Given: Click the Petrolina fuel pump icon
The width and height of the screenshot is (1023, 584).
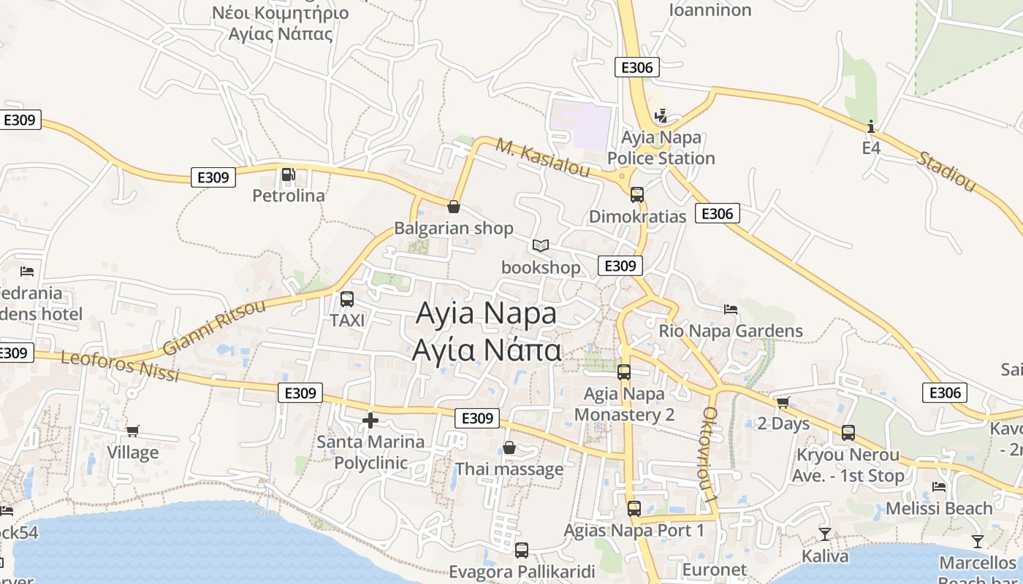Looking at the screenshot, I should point(289,174).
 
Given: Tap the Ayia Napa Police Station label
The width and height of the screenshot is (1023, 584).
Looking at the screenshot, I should point(661,147).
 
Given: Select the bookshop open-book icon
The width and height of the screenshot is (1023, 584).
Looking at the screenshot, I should point(541,245).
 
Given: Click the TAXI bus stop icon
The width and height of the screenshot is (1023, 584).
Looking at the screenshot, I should point(347,299).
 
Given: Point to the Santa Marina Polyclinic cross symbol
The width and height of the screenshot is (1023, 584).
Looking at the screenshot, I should point(370,420).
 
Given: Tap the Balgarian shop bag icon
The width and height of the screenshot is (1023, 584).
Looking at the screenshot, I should point(454,207).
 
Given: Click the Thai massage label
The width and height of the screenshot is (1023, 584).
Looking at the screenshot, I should point(509,469).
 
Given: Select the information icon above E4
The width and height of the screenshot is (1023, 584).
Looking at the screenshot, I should point(870,126).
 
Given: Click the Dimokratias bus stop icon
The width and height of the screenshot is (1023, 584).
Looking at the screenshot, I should point(637,194).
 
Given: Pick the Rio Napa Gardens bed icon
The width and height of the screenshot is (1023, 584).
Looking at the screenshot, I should point(730,309).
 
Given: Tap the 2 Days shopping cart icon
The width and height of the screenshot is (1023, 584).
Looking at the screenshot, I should point(783,401).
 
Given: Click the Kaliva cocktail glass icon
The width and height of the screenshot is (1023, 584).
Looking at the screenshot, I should point(825,534).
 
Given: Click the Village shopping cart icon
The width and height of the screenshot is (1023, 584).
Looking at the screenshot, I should point(132,431).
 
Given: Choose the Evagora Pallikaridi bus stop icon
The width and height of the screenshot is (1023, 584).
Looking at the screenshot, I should point(522,550).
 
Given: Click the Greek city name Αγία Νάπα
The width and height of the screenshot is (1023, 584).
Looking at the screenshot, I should point(487,350).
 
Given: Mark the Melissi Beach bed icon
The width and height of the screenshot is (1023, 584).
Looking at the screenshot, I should point(939,486).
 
